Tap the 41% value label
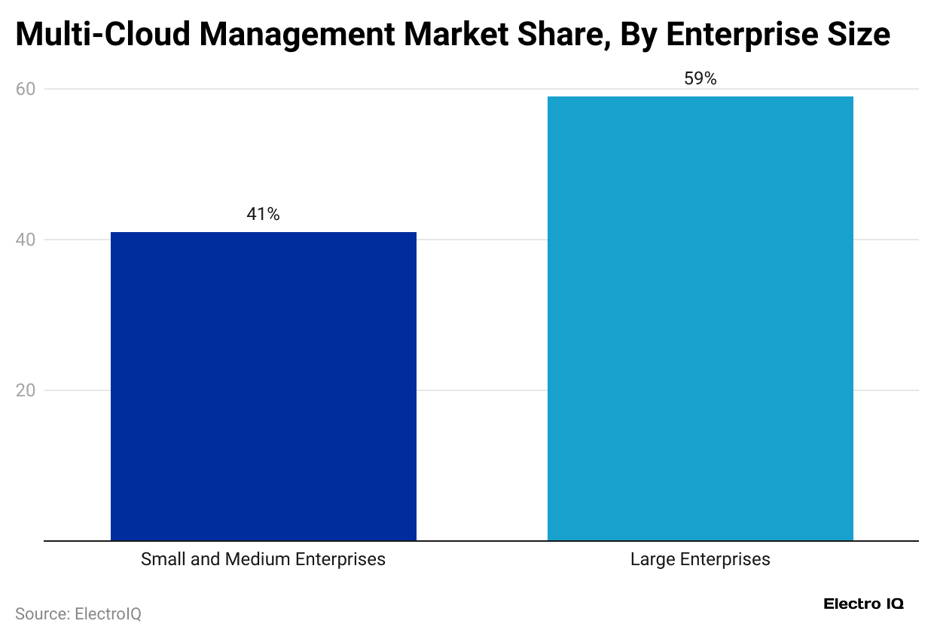pos(263,215)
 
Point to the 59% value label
pos(700,79)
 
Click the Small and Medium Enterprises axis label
pos(263,559)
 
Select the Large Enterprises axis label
pos(700,559)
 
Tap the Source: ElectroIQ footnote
pos(78,614)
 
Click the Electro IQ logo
pos(863,604)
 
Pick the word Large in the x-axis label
pos(652,559)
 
